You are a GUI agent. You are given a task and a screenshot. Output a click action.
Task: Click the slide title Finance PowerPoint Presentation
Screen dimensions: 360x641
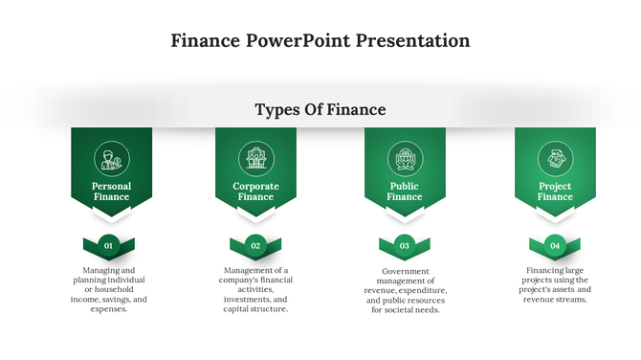[x=320, y=41]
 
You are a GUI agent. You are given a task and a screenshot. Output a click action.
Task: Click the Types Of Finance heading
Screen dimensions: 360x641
[x=320, y=110]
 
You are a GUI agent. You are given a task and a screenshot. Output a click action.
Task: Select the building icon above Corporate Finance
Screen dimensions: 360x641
[x=255, y=157]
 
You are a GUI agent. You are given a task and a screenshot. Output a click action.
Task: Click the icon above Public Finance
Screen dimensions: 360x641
[x=404, y=157]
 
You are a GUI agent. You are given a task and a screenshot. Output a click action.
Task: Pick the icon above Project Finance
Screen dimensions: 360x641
[x=554, y=157]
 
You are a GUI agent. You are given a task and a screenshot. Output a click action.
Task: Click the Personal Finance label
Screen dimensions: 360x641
[x=111, y=191]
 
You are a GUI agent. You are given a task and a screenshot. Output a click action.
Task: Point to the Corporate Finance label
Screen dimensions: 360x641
[x=255, y=191]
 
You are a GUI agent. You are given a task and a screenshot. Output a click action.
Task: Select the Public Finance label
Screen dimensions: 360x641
[x=404, y=191]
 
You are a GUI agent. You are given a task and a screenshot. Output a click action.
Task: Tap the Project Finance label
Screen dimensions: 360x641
[x=555, y=191]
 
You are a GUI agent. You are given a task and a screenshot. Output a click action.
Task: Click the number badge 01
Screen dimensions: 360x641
[x=109, y=246]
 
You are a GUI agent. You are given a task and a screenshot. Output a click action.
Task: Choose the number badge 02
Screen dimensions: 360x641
[x=255, y=246]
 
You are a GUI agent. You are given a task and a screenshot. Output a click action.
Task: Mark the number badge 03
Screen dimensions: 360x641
[x=405, y=246]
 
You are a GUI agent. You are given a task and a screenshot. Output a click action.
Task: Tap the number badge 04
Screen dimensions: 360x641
[x=555, y=246]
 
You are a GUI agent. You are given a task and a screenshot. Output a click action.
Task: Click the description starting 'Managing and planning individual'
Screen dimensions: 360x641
[x=108, y=289]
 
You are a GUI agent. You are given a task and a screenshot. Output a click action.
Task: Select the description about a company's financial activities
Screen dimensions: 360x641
[x=255, y=289]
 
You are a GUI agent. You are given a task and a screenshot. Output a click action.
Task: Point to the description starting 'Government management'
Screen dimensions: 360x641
[x=405, y=290]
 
